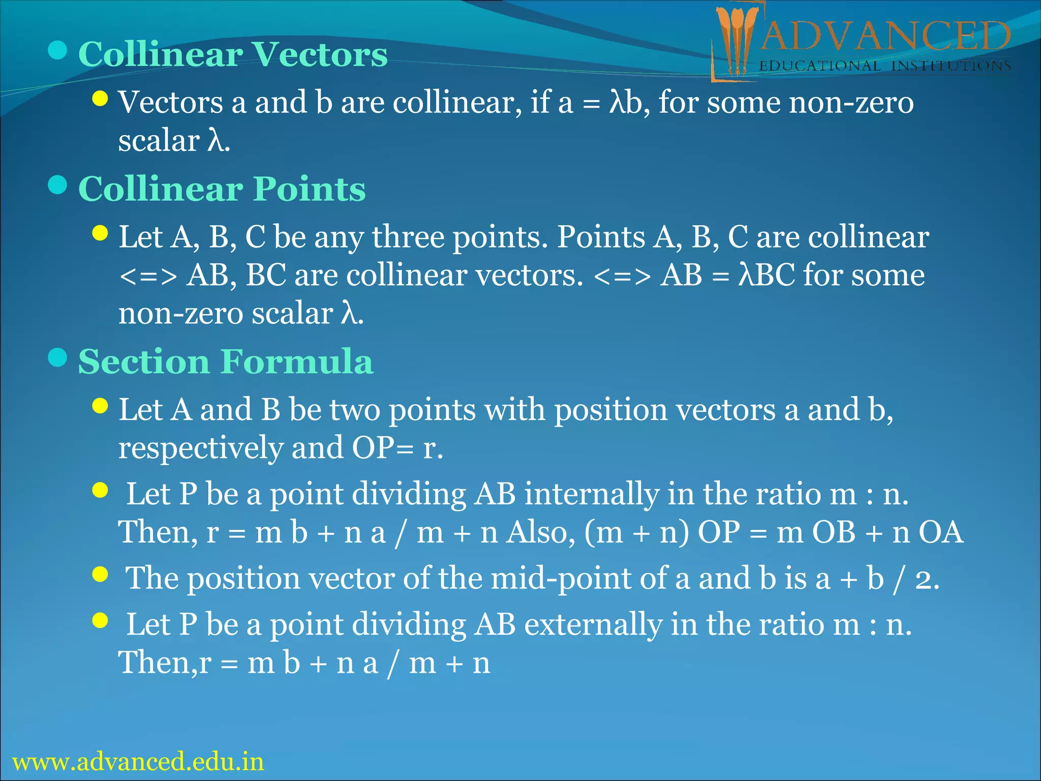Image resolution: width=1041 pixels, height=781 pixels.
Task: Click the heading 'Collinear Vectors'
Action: tap(233, 54)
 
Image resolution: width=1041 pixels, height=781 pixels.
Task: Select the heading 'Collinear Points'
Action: tap(222, 189)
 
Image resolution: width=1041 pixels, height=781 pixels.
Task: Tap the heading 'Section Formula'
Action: tap(226, 362)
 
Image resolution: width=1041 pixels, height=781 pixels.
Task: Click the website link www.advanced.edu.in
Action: tap(138, 762)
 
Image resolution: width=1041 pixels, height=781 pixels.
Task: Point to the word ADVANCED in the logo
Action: tap(884, 37)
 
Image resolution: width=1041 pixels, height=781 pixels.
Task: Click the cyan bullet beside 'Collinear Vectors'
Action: tap(58, 50)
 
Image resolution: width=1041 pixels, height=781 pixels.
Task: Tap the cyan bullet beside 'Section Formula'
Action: tap(58, 358)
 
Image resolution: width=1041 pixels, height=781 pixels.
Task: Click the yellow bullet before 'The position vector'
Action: tap(101, 575)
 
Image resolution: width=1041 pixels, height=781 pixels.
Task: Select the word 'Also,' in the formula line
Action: tap(541, 532)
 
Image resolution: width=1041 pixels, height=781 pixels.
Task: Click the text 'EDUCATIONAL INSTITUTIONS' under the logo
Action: tap(884, 66)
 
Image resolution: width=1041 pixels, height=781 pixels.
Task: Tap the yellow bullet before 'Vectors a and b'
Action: tap(101, 99)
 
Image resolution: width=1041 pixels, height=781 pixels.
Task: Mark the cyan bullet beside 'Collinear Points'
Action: tap(58, 185)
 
